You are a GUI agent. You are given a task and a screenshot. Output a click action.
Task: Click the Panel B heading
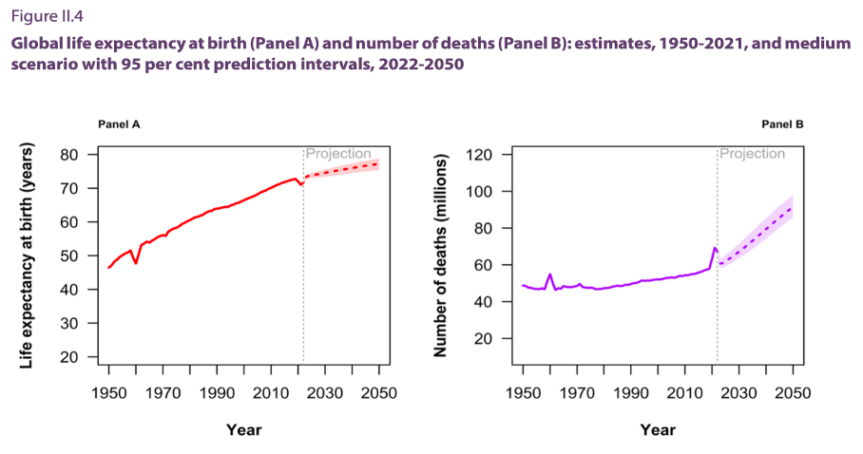(x=783, y=124)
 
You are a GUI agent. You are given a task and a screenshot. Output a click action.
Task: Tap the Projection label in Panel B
(x=752, y=154)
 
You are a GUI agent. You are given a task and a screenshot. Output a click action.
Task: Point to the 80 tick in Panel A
(x=68, y=154)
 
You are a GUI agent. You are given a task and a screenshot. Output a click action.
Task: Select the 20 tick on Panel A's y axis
(x=68, y=357)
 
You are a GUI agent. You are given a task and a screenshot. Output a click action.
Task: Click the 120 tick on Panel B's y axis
(x=478, y=154)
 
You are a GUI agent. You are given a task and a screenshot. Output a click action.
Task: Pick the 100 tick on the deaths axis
(x=478, y=191)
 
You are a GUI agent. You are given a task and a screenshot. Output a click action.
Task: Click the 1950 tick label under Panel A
(x=108, y=393)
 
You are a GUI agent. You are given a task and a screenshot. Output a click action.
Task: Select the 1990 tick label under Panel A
(x=217, y=393)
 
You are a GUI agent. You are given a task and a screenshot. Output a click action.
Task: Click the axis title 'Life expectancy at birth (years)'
(x=28, y=256)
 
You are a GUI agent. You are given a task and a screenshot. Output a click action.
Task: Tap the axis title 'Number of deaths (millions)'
(x=439, y=256)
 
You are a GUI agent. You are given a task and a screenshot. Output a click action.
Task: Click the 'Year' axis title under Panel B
(x=658, y=429)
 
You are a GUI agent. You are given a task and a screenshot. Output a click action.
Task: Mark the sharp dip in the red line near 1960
(x=136, y=263)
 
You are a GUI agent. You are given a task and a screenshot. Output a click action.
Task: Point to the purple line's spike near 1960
(x=550, y=274)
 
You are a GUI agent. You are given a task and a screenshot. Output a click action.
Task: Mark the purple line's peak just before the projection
(x=714, y=248)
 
